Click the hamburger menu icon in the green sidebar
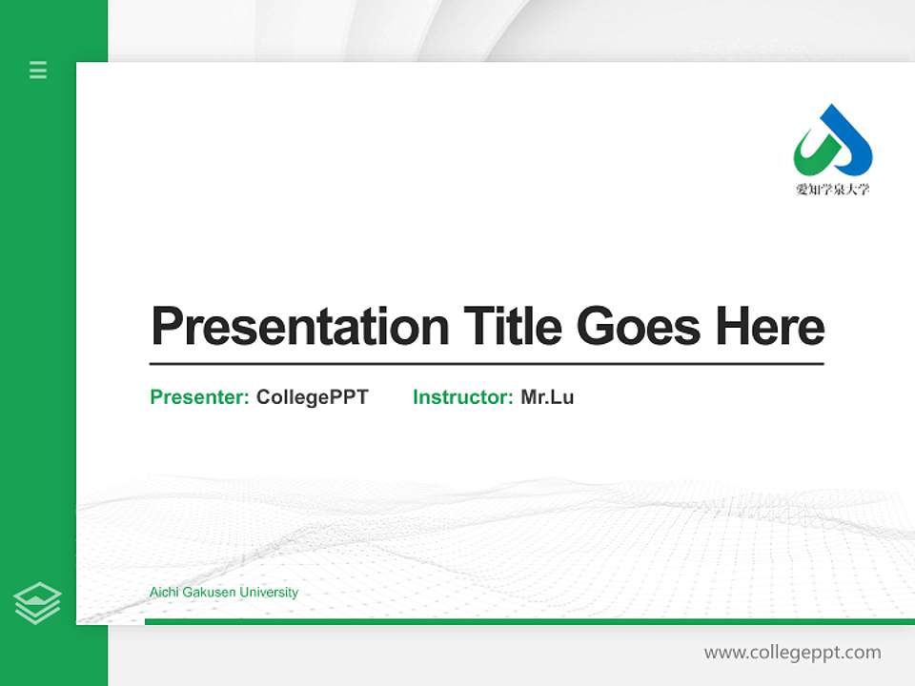[x=38, y=70]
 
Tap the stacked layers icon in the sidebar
[x=37, y=603]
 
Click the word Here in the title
[x=770, y=326]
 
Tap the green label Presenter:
[x=199, y=397]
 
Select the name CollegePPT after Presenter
[x=312, y=397]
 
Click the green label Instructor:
[x=462, y=397]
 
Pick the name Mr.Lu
[x=547, y=397]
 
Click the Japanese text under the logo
[x=832, y=189]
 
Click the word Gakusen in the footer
[x=209, y=593]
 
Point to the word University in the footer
[x=269, y=593]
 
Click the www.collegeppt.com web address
[x=792, y=653]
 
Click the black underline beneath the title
[x=486, y=364]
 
